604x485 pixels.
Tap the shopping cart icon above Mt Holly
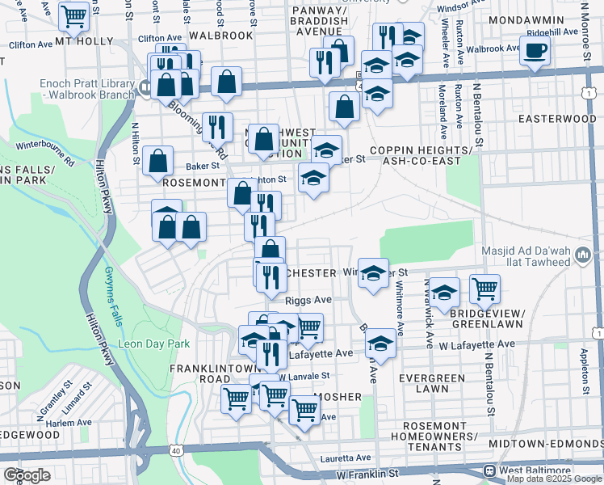coord(73,15)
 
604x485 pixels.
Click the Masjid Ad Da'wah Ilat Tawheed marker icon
coord(584,257)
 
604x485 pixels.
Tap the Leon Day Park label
coord(154,344)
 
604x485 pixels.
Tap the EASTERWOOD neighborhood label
coord(556,119)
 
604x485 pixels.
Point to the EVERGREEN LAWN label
coord(437,383)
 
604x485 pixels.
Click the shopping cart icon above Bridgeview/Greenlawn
coord(484,288)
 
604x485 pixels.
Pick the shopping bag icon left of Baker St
coord(157,160)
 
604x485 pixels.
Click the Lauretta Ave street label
coord(346,457)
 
